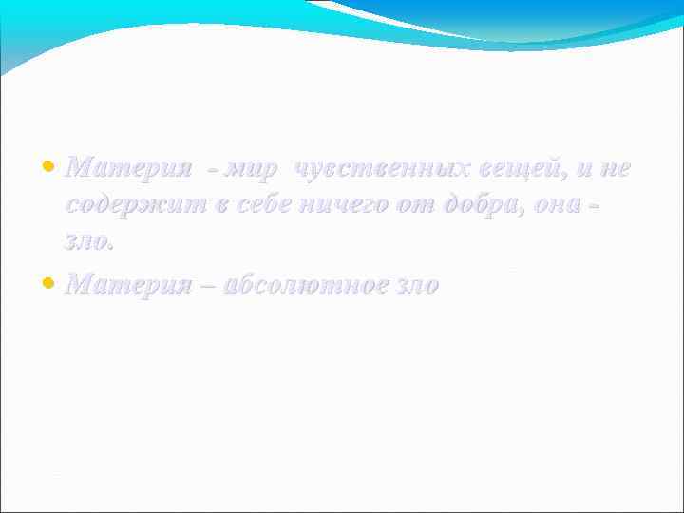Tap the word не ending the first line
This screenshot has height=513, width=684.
coord(617,169)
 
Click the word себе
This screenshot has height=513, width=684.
coord(260,206)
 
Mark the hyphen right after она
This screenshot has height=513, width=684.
coord(595,206)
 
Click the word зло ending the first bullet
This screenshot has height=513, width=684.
coord(88,242)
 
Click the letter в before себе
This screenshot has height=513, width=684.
coord(219,206)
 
